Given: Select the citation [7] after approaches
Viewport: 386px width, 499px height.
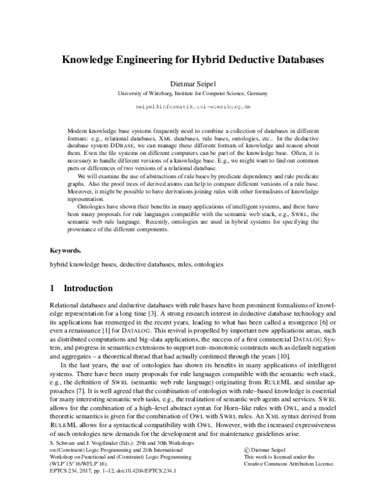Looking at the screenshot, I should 78,391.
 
